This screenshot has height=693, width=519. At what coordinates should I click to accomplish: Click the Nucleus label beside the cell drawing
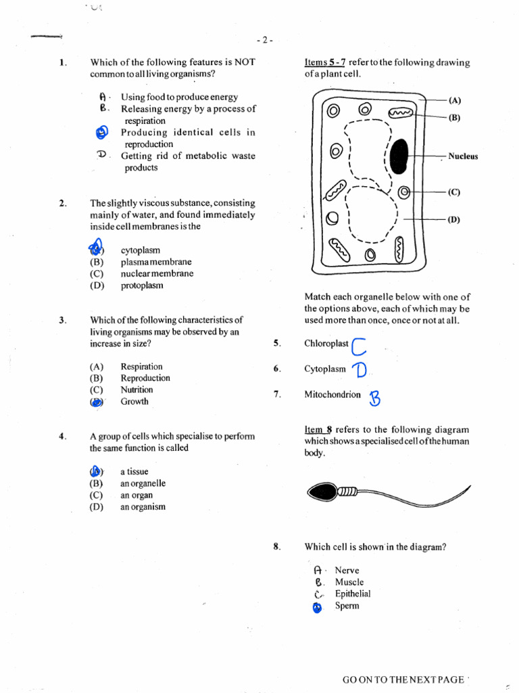click(463, 156)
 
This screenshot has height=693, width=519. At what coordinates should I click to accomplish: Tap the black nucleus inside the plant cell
click(399, 156)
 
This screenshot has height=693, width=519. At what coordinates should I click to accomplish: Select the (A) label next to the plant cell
click(454, 100)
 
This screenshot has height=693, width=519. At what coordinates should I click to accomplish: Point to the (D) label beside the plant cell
click(454, 219)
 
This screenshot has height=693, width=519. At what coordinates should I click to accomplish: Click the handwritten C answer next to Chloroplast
click(359, 346)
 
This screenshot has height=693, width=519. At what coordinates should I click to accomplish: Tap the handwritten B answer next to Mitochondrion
click(374, 399)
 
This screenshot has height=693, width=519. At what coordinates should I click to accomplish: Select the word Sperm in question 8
click(347, 606)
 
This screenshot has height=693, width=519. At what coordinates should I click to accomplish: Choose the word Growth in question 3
click(134, 401)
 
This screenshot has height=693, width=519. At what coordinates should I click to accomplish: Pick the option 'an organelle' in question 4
click(143, 483)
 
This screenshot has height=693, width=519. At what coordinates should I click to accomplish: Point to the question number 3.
click(62, 320)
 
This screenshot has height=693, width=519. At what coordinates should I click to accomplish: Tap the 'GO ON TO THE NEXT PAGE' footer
click(403, 679)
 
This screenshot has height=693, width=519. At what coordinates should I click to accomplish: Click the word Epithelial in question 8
click(353, 594)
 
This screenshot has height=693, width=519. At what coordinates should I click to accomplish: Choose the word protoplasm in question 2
click(142, 286)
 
